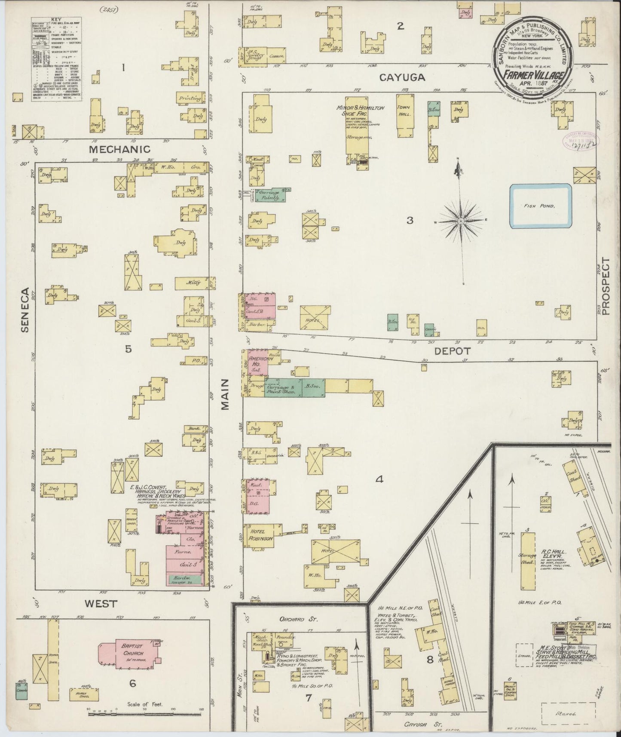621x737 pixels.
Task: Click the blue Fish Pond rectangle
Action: [541, 206]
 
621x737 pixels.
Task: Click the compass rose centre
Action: [460, 221]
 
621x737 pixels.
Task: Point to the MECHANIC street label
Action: [120, 149]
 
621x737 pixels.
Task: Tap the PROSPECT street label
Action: [606, 287]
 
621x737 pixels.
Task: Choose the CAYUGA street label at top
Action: [402, 77]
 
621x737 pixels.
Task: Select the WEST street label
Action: [101, 603]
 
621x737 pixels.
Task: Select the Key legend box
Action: [56, 59]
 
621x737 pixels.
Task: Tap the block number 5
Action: [128, 349]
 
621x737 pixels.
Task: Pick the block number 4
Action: [379, 479]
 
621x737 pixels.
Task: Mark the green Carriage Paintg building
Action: [272, 195]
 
